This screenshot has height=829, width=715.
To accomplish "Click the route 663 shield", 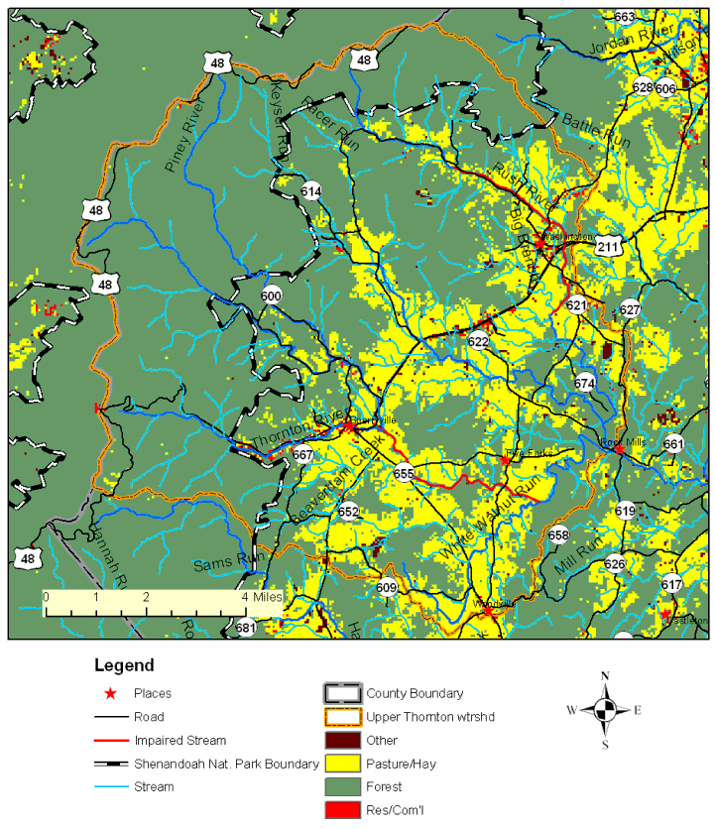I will click(x=653, y=17).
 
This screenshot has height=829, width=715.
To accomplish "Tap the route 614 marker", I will click(x=311, y=191).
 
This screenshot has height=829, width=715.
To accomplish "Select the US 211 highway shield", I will click(x=609, y=247).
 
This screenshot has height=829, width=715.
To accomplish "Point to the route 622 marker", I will click(x=479, y=341).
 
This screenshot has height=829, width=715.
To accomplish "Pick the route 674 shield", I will click(x=585, y=383).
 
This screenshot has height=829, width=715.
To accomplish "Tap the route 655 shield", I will click(x=403, y=473).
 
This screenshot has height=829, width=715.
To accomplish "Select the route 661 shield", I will click(x=673, y=443).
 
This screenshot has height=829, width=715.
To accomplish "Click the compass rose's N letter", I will click(x=605, y=676).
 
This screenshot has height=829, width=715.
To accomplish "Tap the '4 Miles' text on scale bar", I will click(x=260, y=597).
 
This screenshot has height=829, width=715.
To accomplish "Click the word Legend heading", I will click(x=124, y=665).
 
